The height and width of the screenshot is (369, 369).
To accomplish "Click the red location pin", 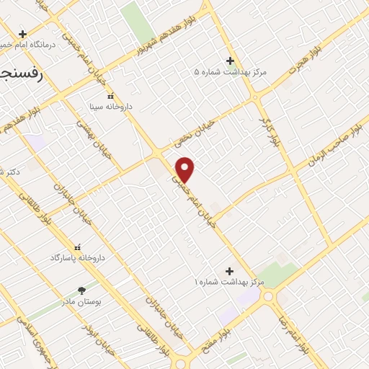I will coord(185,169).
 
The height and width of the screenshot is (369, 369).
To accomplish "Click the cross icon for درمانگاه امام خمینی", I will coord(23,34).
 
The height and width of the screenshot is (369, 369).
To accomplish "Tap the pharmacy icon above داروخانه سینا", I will coord(110,96).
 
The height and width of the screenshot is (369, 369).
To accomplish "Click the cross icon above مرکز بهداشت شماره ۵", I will coord(230,61).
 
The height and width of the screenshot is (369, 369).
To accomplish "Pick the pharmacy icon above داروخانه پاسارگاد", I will coord(78,246).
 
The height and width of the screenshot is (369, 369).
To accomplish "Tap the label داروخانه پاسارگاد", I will coord(78,257).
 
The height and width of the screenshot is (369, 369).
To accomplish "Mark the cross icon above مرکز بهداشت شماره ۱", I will coord(230,271).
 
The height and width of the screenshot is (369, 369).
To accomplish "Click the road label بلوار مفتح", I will coord(231,326).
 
